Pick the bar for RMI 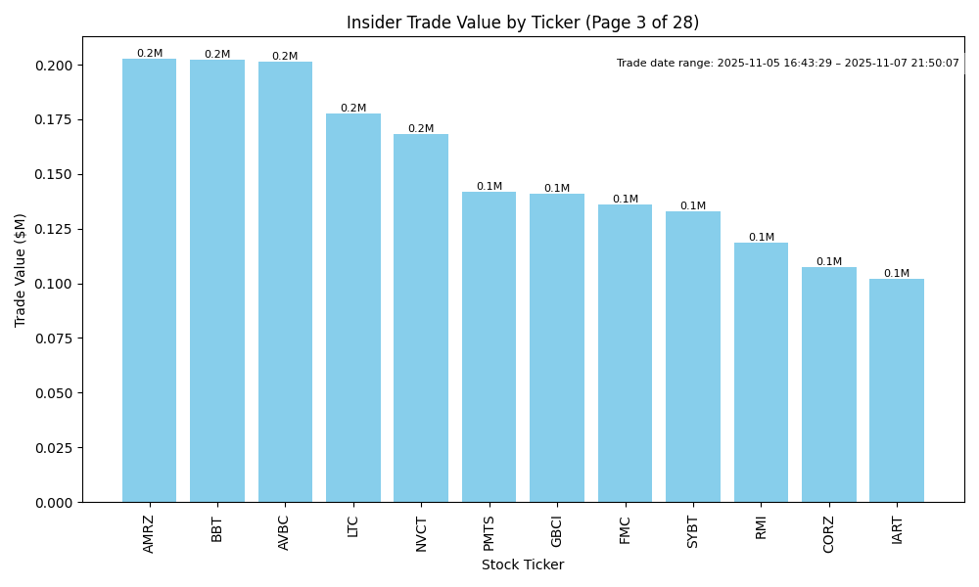coord(761,373)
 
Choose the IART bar coord(897,390)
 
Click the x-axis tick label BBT coord(217,528)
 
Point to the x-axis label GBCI coord(557,531)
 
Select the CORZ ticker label coord(829,534)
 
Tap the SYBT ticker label coord(693,532)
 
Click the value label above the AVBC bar coord(285,57)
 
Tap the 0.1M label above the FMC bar coord(626,200)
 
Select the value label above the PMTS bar coord(489,187)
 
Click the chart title coord(523,23)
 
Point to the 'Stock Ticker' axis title coord(523,565)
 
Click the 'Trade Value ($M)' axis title coord(21,270)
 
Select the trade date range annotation coord(788,64)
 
